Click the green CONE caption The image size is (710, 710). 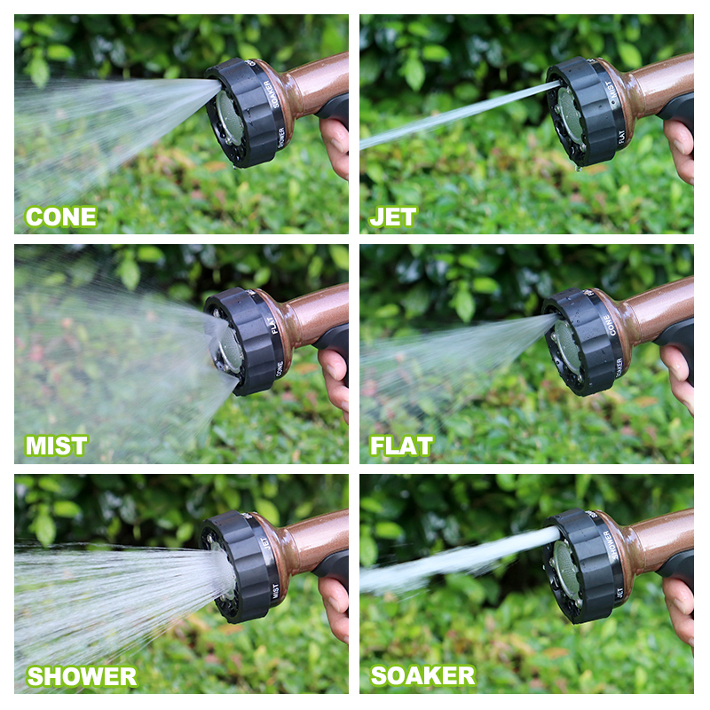pyautogui.click(x=61, y=217)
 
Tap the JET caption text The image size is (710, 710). pyautogui.click(x=393, y=217)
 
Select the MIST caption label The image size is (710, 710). pyautogui.click(x=57, y=446)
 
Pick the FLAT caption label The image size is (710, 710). pyautogui.click(x=402, y=446)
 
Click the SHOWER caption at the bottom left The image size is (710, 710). pyautogui.click(x=82, y=676)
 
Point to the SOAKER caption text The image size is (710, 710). pyautogui.click(x=422, y=675)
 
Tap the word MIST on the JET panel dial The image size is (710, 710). pyautogui.click(x=610, y=90)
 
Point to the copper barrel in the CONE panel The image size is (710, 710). pyautogui.click(x=315, y=84)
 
